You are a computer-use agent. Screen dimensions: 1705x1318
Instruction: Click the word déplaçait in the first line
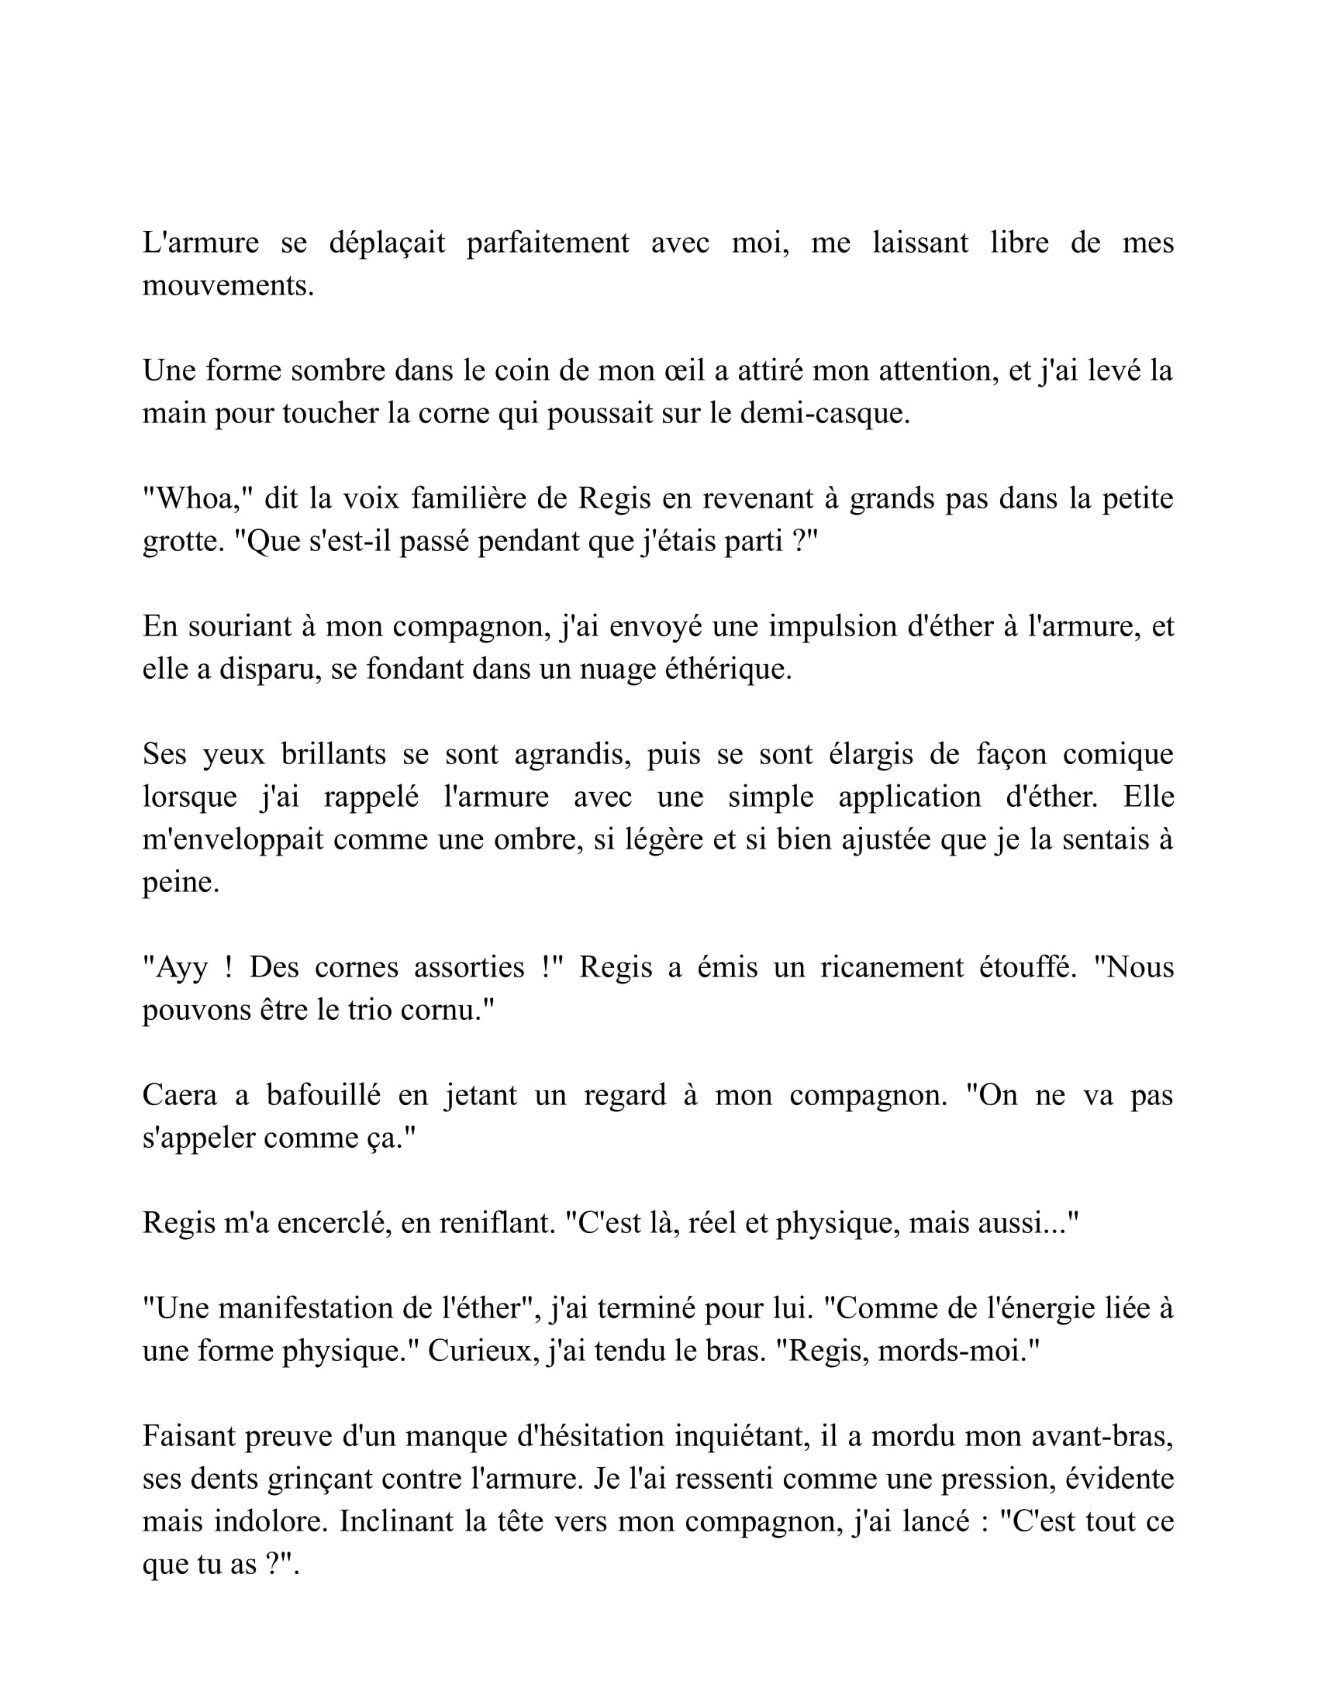[x=387, y=243]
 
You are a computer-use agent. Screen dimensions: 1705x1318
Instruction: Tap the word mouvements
[x=227, y=287]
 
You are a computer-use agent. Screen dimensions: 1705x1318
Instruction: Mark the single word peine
[x=181, y=883]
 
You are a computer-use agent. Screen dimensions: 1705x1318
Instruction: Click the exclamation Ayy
[x=182, y=968]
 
